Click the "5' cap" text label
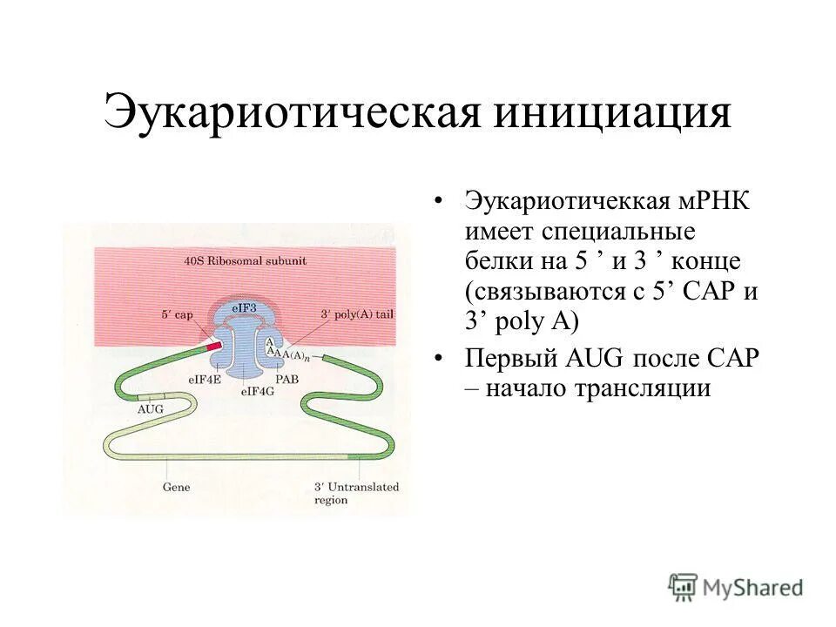[176, 314]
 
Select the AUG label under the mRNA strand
[150, 408]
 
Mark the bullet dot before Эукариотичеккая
[440, 203]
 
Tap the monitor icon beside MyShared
[684, 586]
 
